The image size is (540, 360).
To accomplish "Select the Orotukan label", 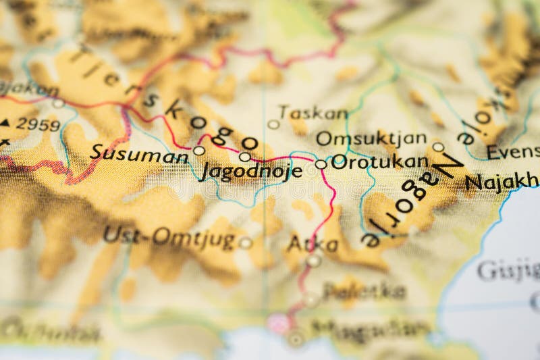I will pos(380,162).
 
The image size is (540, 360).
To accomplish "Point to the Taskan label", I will pos(313,113).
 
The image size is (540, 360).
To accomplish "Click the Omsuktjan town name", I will pos(371,139).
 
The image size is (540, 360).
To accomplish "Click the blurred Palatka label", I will pos(364,291).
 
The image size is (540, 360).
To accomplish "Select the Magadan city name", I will pos(371,329).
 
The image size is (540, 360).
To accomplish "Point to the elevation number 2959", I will pos(38,124).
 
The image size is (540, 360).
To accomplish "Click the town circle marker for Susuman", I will pos(198,151).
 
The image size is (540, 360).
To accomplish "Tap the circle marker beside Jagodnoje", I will pos(244,157).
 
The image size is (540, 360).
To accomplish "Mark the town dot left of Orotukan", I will pos(321,164).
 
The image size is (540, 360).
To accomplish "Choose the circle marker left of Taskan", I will pos(273,124).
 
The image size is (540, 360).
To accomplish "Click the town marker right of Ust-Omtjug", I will pos(246,242).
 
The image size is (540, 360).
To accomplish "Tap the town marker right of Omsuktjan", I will pos(438,147).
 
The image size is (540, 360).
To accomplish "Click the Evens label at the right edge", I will pos(513,153).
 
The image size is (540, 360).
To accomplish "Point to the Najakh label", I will pos(502,181).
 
